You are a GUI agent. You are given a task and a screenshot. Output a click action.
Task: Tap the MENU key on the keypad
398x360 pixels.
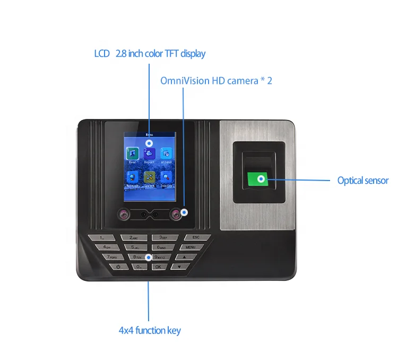[191, 247]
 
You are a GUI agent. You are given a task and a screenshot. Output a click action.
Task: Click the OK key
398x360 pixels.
[158, 267]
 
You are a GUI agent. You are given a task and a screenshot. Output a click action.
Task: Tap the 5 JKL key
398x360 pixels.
[130, 247]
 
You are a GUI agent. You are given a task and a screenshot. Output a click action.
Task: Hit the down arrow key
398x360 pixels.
[186, 267]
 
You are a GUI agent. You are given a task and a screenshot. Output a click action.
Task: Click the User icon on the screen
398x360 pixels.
[131, 153]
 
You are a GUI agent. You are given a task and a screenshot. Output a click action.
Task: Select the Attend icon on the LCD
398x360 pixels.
[166, 153]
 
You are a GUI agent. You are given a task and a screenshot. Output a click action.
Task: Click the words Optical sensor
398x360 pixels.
[363, 181]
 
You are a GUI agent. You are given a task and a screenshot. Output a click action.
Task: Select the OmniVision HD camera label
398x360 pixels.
[216, 81]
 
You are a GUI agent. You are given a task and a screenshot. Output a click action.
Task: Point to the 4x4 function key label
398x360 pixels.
[150, 330]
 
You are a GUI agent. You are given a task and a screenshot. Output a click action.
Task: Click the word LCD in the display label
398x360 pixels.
[102, 54]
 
